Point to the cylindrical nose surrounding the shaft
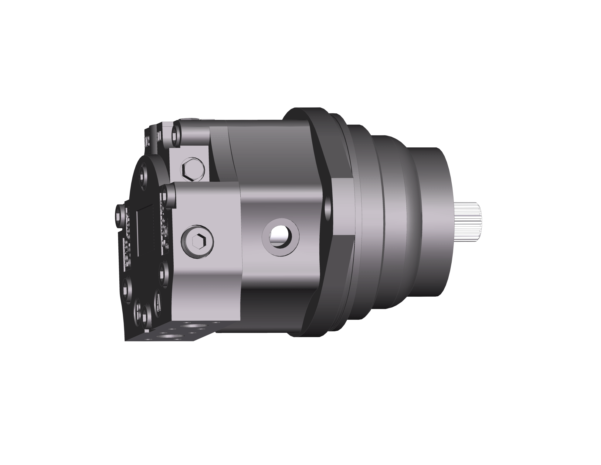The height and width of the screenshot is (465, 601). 431,222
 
